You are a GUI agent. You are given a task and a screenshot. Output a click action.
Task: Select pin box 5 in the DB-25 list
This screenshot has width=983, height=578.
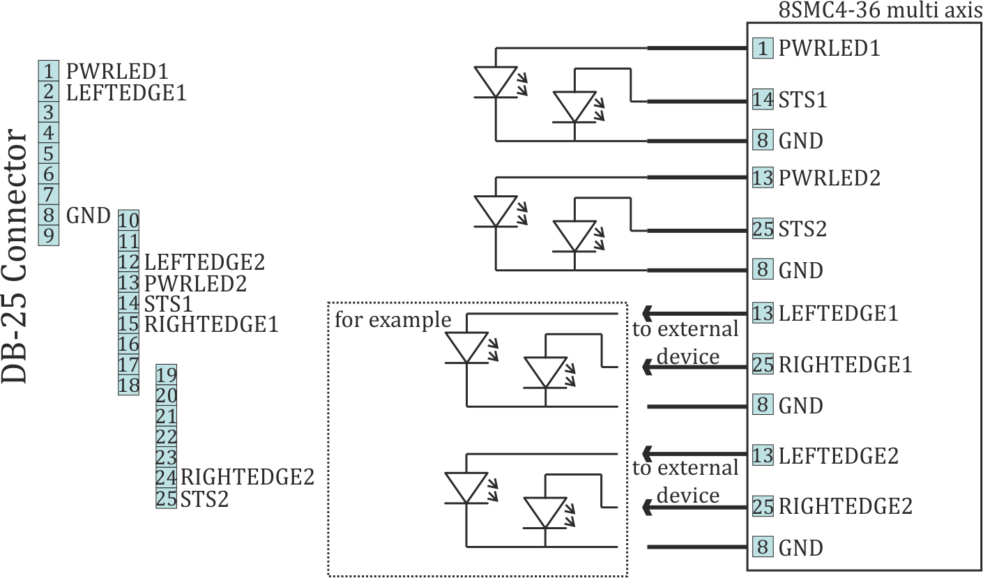[x=49, y=153]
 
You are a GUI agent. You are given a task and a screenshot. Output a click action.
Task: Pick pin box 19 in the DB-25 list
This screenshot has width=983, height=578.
[x=167, y=374]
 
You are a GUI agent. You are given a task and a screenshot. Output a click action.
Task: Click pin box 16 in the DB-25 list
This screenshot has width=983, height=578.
[x=129, y=344]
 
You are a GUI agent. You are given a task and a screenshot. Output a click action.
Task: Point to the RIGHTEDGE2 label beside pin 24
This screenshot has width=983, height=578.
[x=247, y=478]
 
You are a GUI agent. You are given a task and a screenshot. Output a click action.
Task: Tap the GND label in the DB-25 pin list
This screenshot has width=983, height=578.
[x=89, y=215]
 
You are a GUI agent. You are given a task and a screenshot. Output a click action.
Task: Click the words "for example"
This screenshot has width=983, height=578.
[x=393, y=321]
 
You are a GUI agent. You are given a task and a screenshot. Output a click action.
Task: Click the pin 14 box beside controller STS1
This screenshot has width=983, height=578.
[x=763, y=100]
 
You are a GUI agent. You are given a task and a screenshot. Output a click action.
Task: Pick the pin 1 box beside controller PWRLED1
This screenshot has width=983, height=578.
[x=763, y=49]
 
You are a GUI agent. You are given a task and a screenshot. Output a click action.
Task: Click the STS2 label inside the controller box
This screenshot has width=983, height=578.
[x=802, y=229]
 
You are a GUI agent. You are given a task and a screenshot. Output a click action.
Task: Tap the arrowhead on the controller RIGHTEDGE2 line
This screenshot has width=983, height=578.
[x=648, y=508]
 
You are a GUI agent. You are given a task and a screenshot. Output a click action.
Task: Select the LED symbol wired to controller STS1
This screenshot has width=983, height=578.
[x=574, y=107]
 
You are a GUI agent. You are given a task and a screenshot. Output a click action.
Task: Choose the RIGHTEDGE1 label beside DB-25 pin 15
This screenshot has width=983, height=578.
[x=211, y=324]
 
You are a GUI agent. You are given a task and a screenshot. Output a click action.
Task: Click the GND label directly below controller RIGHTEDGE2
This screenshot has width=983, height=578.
[x=800, y=548]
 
